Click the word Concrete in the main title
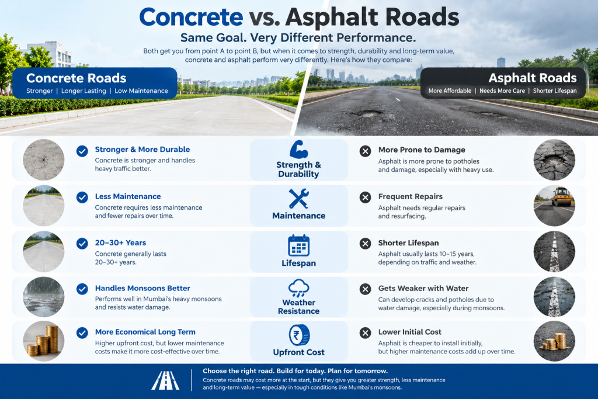coord(191,17)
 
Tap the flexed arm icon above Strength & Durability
coord(298,150)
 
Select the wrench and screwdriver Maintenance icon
coord(298,199)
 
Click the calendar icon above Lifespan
coord(298,245)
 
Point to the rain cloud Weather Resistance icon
coord(298,288)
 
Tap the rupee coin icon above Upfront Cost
coord(299,335)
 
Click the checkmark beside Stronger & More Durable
coord(82,151)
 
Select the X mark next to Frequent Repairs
coord(366,197)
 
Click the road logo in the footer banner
coord(165,380)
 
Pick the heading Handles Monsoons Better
coord(142,288)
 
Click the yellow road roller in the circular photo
coord(562,196)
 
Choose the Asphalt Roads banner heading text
coord(533,78)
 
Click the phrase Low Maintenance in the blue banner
coord(141,91)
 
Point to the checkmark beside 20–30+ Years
coord(82,244)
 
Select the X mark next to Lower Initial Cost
coord(366,333)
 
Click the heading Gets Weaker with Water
coord(423,289)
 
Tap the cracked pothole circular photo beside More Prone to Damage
coord(554,160)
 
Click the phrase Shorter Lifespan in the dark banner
coord(555,91)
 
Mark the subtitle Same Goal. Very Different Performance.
coord(298,38)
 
